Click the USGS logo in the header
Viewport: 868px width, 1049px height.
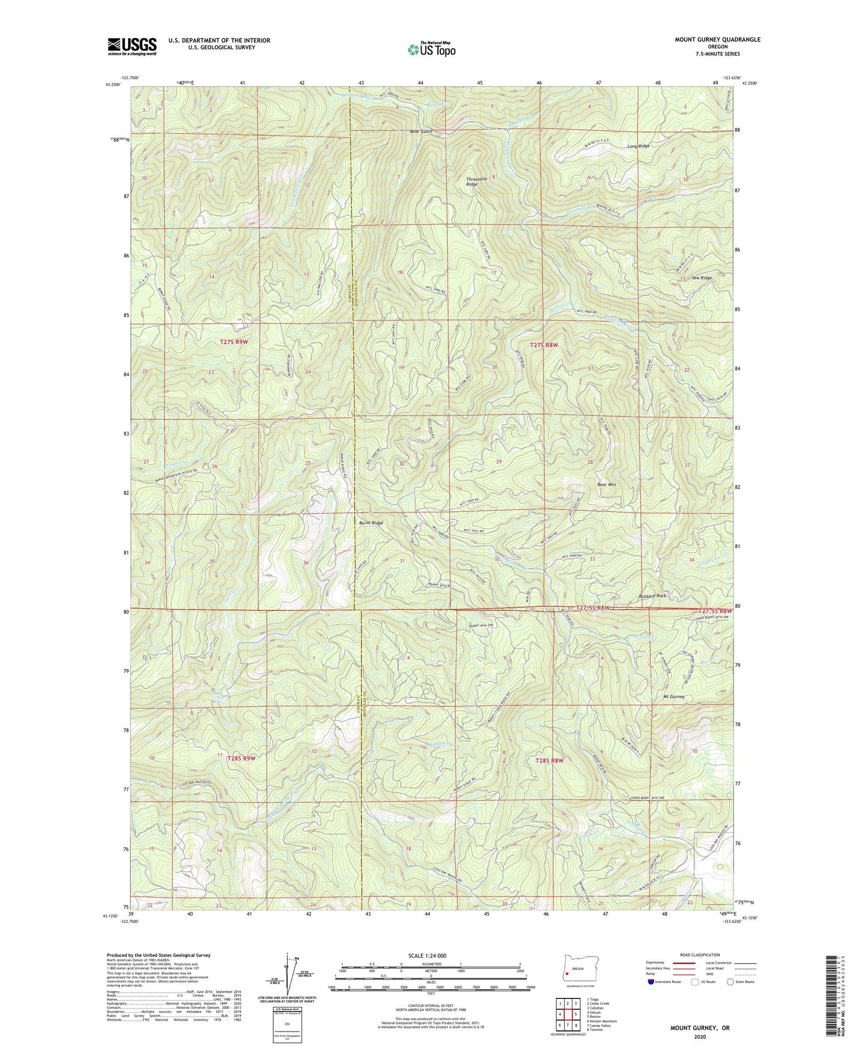[132, 46]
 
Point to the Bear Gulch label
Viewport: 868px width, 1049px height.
[421, 131]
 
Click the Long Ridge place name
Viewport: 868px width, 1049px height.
[638, 146]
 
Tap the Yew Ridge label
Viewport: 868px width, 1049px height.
[702, 278]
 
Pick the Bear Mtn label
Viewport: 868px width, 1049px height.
[606, 484]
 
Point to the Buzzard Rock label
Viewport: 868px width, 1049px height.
[652, 595]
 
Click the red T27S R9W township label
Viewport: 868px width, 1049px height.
[234, 342]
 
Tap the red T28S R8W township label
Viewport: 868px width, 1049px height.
[550, 761]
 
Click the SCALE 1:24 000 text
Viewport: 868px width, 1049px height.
[431, 955]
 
